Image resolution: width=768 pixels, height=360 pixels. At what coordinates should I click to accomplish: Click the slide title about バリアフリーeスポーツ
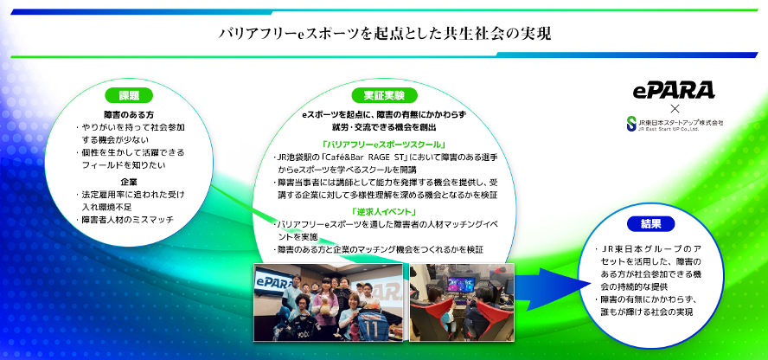pos(384,34)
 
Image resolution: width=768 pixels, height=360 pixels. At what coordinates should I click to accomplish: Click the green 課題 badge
pos(129,95)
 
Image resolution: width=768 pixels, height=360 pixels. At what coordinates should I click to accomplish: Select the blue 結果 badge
pos(651,224)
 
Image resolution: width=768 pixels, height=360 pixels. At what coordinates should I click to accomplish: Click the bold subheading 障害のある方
pos(129,113)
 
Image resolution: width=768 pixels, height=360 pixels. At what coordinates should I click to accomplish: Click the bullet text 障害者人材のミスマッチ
pos(130,220)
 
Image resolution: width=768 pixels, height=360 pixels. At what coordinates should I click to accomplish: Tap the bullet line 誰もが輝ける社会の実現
pos(649,311)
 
